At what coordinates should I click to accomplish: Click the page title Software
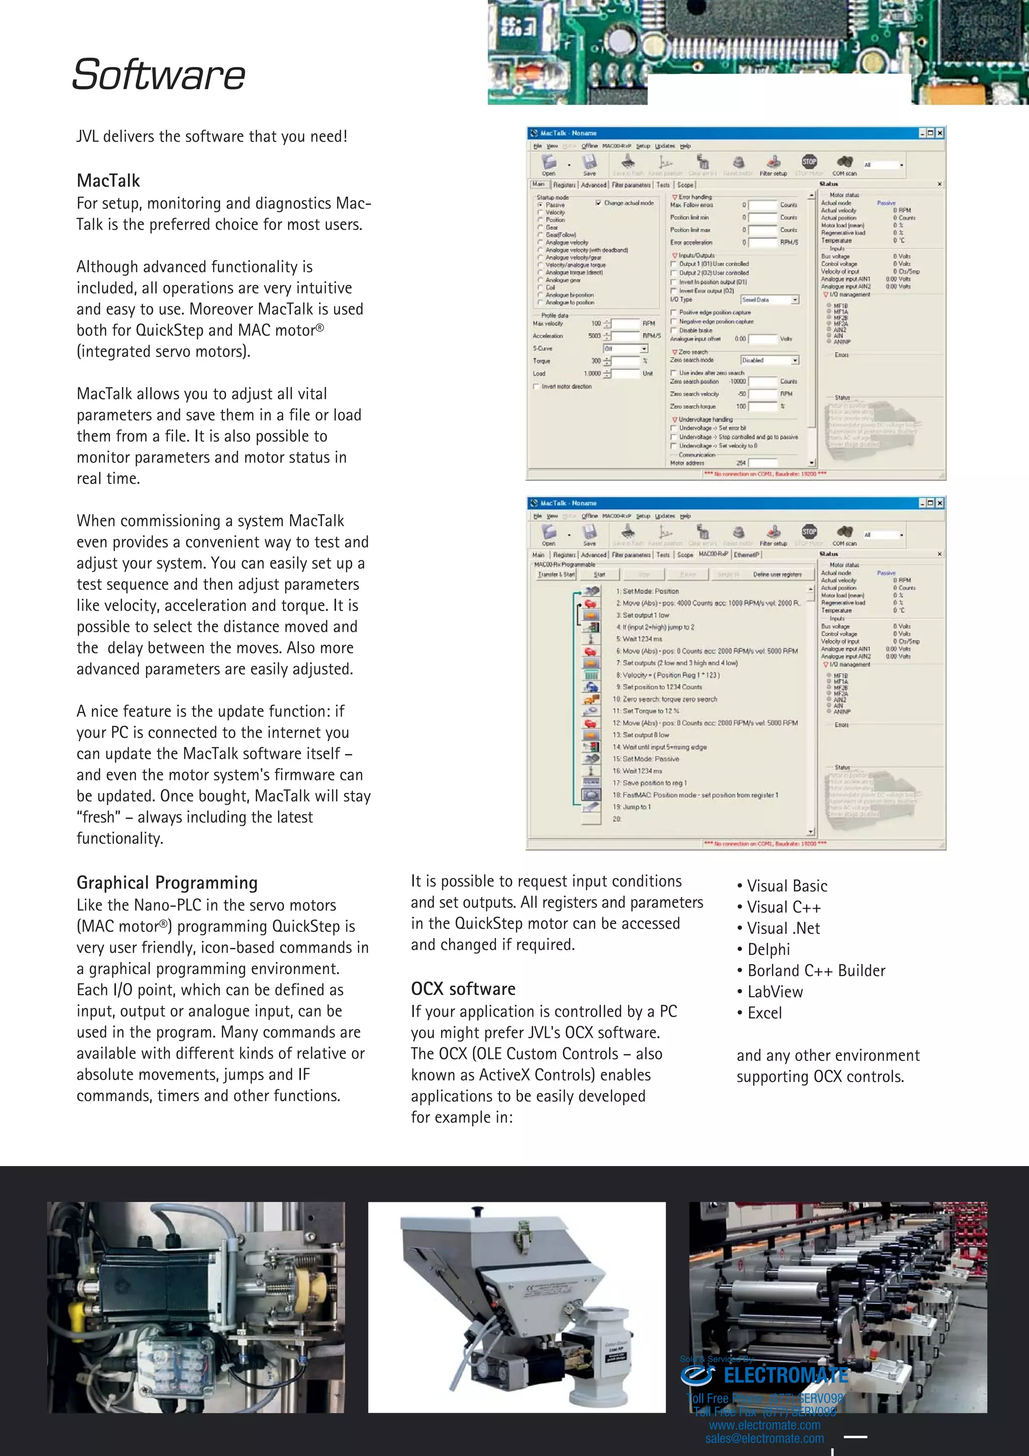click(158, 75)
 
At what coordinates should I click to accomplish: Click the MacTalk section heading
click(109, 181)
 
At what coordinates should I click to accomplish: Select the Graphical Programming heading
click(167, 883)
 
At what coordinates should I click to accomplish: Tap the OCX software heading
click(463, 989)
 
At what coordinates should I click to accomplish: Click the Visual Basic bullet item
click(786, 886)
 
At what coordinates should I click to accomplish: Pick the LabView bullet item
click(774, 992)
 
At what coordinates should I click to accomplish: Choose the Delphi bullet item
click(768, 949)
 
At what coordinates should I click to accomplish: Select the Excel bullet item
click(764, 1013)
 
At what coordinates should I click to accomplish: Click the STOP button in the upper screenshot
click(809, 162)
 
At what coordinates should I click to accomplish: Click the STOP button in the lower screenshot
click(809, 531)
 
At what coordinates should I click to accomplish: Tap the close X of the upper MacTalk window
click(940, 133)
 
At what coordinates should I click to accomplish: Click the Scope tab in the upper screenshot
click(685, 185)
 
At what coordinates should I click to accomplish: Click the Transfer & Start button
click(556, 574)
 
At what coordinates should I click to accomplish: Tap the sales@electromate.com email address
click(765, 1438)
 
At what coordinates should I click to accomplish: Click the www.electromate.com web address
click(765, 1425)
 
